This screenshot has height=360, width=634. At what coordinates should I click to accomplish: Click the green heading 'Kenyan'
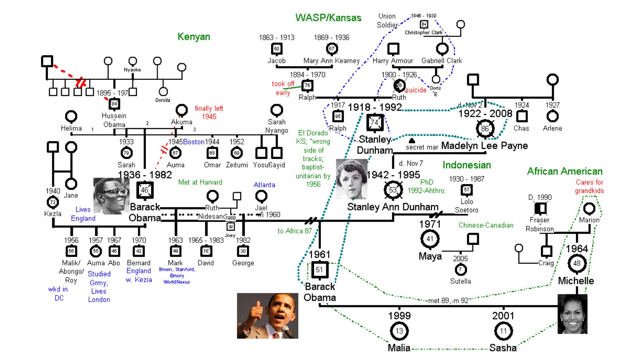(194, 37)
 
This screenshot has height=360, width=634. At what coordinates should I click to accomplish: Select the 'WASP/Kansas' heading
(328, 18)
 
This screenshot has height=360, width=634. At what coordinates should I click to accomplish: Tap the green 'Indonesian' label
(467, 165)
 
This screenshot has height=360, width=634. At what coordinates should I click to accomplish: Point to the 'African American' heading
(565, 171)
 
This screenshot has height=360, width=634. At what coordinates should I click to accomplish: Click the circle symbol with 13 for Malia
(399, 331)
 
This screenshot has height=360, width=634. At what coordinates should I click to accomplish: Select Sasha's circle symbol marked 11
(503, 331)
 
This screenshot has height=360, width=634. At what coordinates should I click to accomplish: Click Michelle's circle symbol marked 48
(577, 264)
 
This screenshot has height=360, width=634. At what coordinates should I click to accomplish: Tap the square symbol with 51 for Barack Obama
(320, 270)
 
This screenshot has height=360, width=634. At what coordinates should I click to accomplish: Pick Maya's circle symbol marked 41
(430, 239)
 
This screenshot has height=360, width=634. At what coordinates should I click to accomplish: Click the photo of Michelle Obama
(572, 314)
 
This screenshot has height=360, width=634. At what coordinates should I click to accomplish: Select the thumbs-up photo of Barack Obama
(267, 316)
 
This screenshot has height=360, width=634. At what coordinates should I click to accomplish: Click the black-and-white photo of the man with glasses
(111, 195)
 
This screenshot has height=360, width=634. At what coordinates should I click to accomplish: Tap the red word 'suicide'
(416, 90)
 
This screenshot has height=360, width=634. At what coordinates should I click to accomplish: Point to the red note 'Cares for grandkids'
(589, 186)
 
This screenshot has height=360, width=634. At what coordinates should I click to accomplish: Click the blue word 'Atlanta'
(264, 185)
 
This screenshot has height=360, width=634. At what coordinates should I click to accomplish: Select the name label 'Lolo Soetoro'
(467, 206)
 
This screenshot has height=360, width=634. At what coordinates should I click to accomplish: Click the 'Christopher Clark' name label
(423, 32)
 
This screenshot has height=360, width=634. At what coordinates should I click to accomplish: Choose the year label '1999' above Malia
(399, 316)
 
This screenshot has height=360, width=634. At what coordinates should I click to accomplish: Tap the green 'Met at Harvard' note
(200, 182)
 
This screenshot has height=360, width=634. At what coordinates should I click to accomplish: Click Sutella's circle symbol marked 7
(461, 269)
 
